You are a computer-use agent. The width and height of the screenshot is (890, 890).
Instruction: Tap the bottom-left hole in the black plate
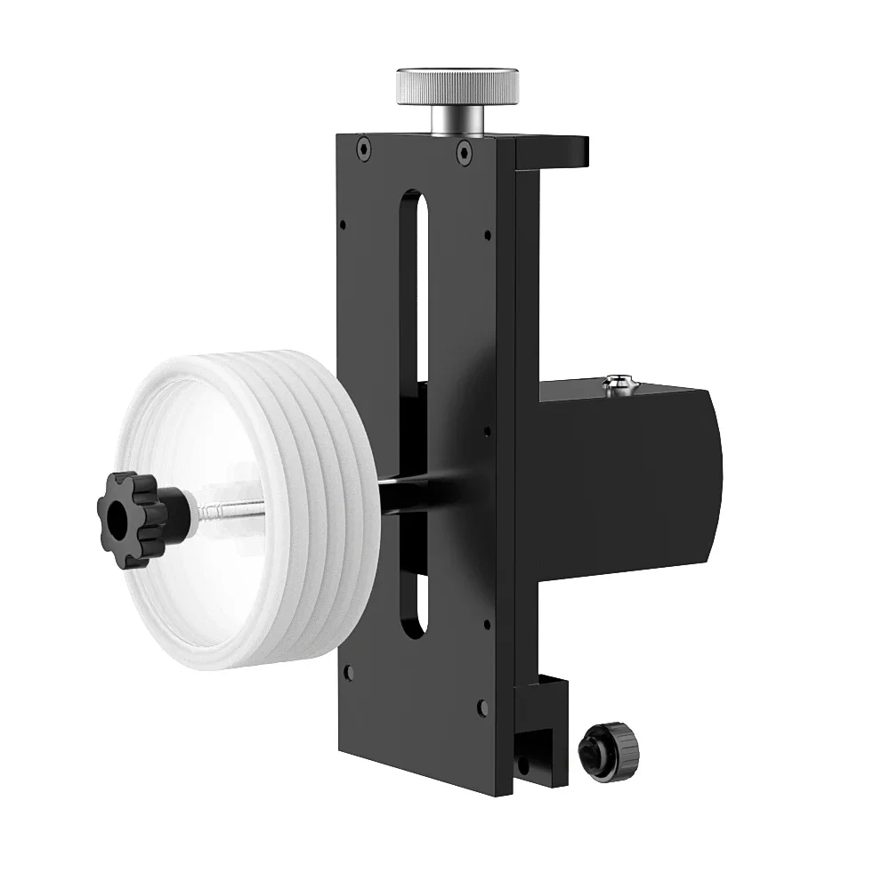[349, 671]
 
